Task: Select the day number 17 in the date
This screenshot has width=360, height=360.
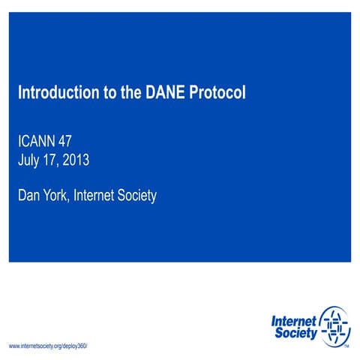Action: click(x=55, y=159)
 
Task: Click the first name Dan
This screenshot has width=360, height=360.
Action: click(x=30, y=196)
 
